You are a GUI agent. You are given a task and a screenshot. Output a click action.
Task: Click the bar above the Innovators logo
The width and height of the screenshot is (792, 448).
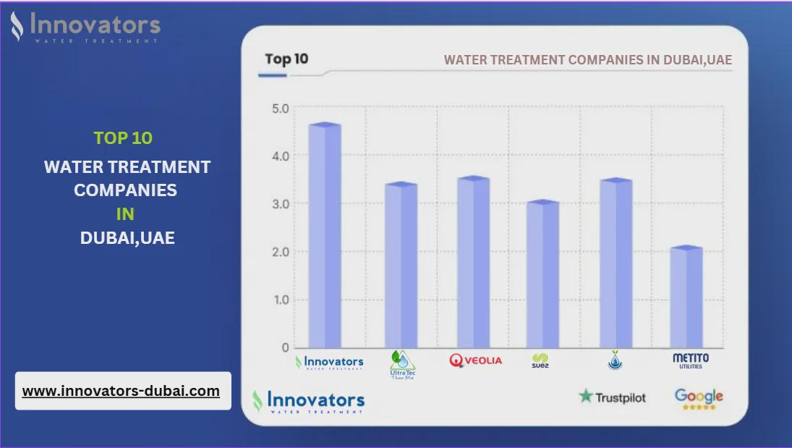[325, 235]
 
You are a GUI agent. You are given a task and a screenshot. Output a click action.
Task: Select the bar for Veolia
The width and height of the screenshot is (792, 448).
[473, 262]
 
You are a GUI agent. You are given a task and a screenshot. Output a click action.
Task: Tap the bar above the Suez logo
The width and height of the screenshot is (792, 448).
[542, 274]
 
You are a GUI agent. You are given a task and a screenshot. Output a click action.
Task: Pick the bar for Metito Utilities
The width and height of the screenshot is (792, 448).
[686, 297]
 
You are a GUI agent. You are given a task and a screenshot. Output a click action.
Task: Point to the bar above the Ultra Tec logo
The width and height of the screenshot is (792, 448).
[401, 265]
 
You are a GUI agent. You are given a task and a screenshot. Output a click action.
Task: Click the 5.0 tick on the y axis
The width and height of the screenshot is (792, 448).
[280, 109]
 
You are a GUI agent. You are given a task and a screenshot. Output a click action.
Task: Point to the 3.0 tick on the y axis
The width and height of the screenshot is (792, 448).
[280, 204]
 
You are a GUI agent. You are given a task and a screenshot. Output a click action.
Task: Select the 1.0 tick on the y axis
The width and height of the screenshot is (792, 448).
[280, 300]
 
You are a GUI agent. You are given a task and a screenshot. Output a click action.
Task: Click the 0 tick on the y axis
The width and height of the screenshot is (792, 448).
[285, 347]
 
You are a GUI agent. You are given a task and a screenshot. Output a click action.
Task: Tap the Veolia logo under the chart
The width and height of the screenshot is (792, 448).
[475, 360]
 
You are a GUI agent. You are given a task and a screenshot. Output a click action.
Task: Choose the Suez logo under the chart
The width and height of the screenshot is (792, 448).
[540, 360]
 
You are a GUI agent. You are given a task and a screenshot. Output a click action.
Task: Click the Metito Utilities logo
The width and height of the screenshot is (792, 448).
[691, 360]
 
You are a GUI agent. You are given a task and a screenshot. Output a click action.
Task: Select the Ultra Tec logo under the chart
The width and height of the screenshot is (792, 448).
[402, 364]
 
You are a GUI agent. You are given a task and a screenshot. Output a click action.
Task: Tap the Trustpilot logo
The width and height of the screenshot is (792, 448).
[612, 397]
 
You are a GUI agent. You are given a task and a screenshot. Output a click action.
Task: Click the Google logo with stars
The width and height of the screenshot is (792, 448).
[699, 398]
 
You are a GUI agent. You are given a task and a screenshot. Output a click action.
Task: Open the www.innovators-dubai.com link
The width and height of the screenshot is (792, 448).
[121, 391]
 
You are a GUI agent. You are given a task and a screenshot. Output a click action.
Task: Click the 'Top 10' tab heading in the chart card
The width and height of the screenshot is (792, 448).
[286, 59]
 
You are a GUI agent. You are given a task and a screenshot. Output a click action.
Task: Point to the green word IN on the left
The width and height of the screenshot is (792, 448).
[126, 214]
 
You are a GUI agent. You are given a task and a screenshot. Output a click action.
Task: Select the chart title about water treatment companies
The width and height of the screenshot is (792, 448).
[587, 60]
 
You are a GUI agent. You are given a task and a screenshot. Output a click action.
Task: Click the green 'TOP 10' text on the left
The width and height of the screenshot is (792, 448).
[123, 138]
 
